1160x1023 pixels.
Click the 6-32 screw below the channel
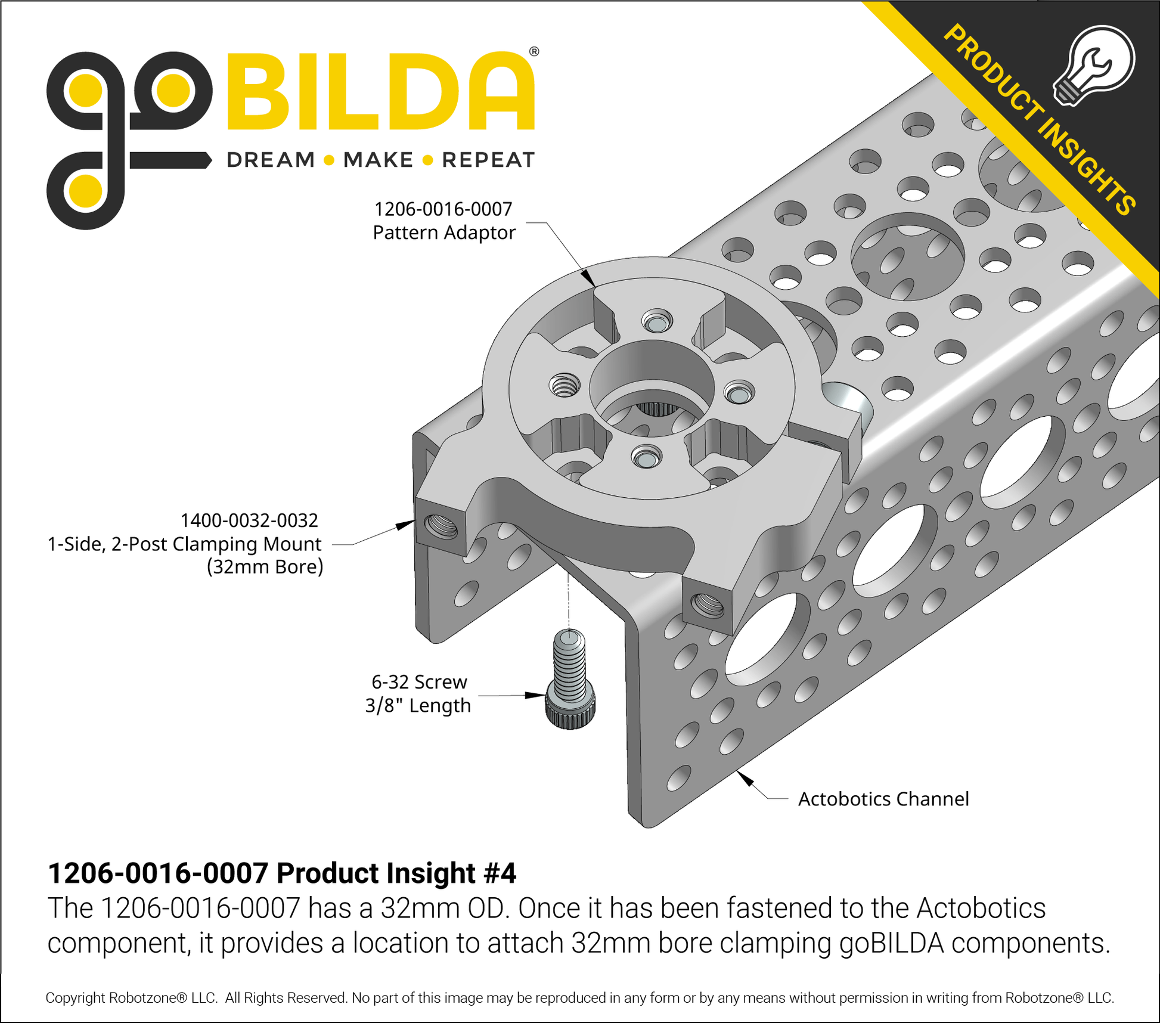[x=570, y=679]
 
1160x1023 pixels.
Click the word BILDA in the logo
[x=381, y=91]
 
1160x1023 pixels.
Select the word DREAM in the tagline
[x=271, y=160]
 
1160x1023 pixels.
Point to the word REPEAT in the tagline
[x=488, y=160]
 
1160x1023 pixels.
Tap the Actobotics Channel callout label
[x=883, y=799]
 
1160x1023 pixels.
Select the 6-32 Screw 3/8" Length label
[x=418, y=693]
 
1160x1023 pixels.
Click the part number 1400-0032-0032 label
[x=249, y=520]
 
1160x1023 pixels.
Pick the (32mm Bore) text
[x=265, y=566]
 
